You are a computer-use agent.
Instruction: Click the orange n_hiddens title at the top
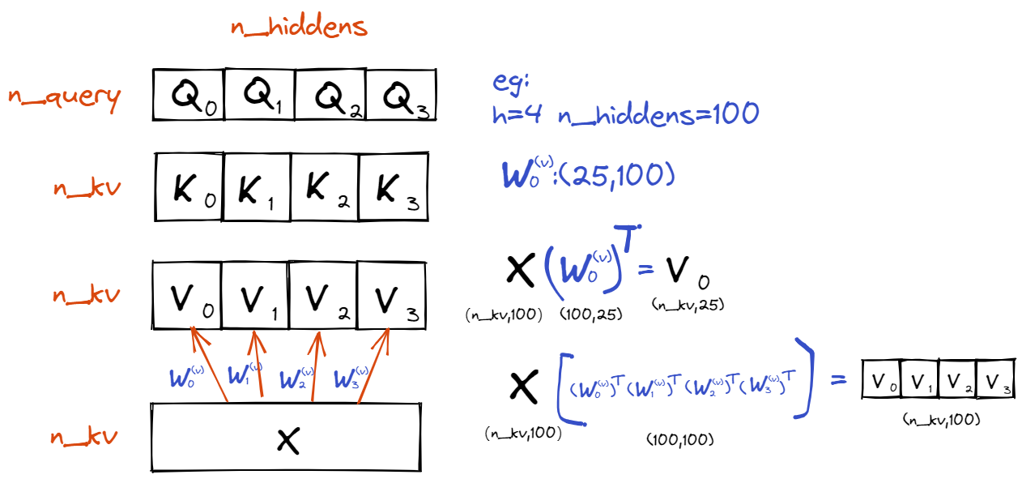point(299,27)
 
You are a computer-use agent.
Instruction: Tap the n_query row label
point(65,96)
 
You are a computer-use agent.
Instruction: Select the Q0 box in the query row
point(189,95)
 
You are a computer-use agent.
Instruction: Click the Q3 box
point(402,95)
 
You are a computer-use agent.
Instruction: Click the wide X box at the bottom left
point(286,438)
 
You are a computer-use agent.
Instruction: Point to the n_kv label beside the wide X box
point(84,438)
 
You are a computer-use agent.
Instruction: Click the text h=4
point(517,114)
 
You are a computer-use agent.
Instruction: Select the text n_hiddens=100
point(658,114)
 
